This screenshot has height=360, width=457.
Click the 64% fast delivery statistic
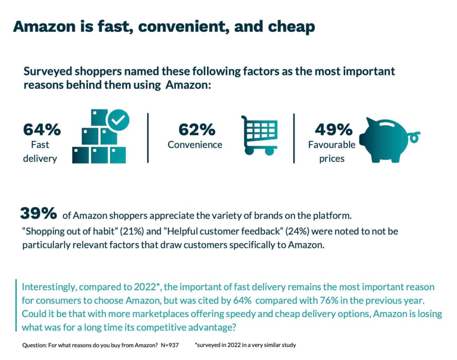pyautogui.click(x=42, y=130)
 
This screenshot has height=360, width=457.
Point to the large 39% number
pyautogui.click(x=38, y=214)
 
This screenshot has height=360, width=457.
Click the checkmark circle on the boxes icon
pyautogui.click(x=118, y=119)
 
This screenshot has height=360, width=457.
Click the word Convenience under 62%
pyautogui.click(x=195, y=145)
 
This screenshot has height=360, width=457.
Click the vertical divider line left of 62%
pyautogui.click(x=148, y=138)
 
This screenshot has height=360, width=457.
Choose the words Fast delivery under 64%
pyautogui.click(x=40, y=151)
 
